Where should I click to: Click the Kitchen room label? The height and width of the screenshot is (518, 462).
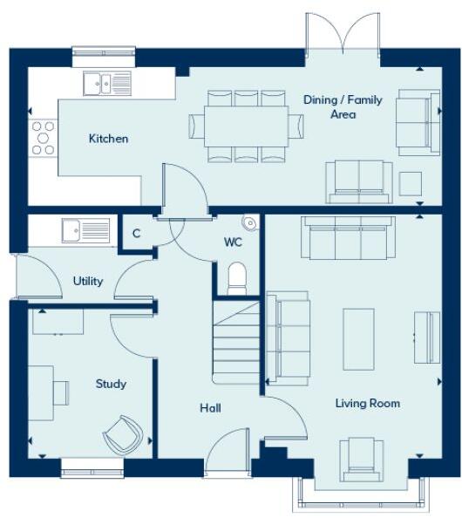pos(108,139)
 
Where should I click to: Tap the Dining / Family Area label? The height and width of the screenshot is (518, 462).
pos(343,107)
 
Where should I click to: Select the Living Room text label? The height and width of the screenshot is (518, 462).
pos(368,403)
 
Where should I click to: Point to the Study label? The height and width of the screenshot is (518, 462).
pos(111,384)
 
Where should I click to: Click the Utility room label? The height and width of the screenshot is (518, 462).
pos(88,281)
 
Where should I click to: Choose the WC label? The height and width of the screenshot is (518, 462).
pos(233,242)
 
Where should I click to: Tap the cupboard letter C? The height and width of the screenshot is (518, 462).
pos(137,234)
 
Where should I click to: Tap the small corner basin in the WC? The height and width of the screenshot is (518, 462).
pos(251,223)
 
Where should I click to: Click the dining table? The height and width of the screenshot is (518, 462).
pos(247,126)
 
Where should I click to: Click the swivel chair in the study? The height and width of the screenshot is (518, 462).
pos(121,433)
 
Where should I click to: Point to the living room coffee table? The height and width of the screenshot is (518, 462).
pos(358,337)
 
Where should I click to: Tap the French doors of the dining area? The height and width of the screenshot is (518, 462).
pos(344,35)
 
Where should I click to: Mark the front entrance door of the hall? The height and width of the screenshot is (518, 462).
pos(226,458)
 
